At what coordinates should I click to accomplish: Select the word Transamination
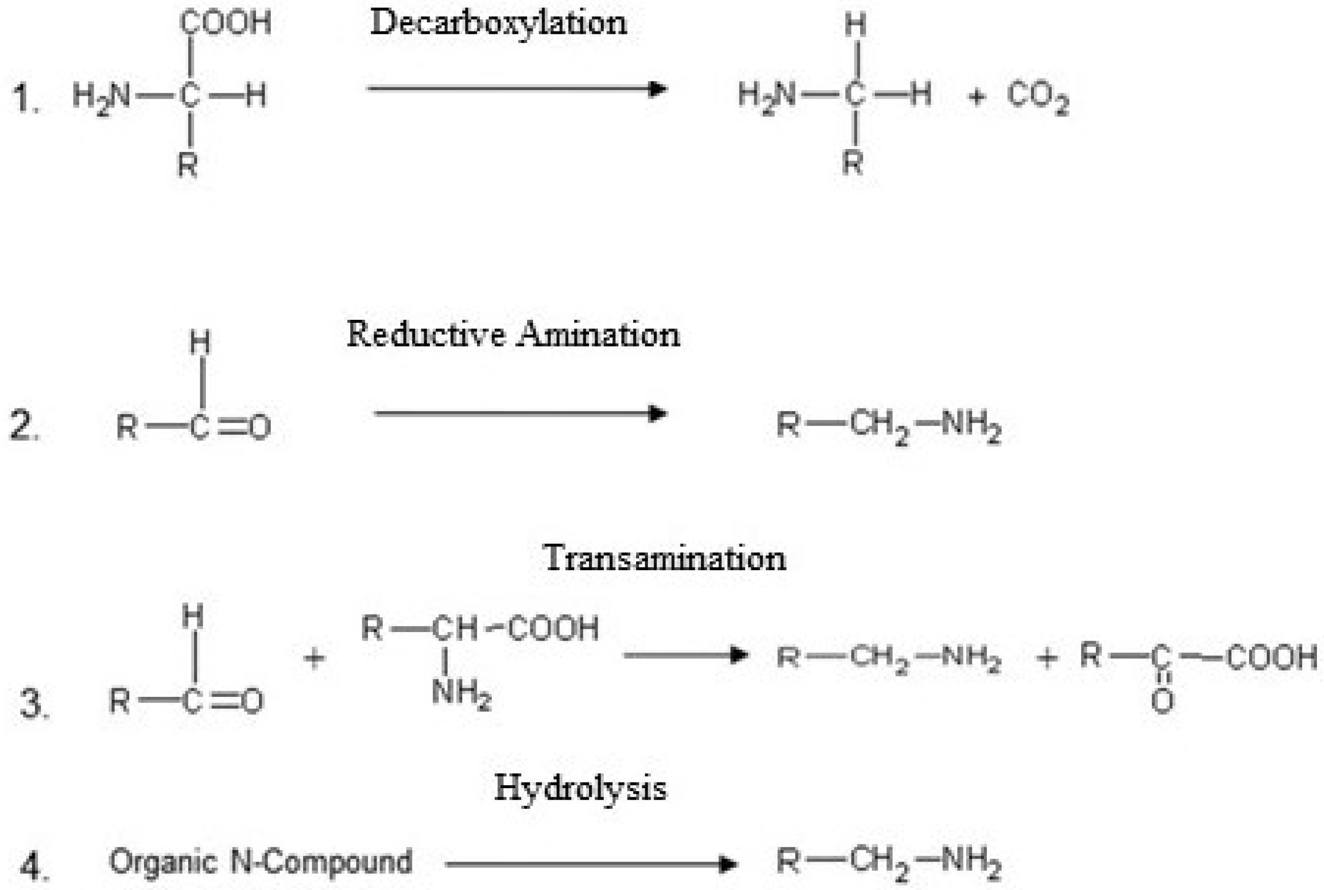click(664, 558)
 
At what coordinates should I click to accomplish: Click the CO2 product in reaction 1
click(1038, 96)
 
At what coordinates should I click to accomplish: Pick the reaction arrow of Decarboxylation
click(517, 89)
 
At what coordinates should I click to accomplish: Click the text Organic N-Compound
click(261, 862)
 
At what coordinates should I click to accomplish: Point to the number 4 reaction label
click(34, 867)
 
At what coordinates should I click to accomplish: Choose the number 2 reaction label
click(24, 427)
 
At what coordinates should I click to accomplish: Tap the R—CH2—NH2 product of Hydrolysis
click(889, 863)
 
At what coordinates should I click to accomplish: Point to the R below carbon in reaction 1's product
click(853, 164)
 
